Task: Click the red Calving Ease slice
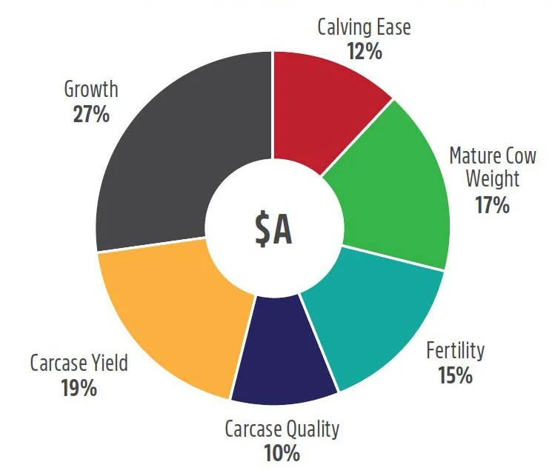coord(324,106)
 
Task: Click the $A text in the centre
coord(273,230)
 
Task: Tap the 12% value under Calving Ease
coord(365,51)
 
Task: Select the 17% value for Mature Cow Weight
coord(493,205)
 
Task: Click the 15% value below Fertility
coord(455,375)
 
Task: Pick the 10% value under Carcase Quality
coord(282,453)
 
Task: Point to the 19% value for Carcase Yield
coord(79,388)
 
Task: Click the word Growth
coord(91,89)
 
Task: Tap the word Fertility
coord(456,350)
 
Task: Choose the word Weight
coord(493,178)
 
